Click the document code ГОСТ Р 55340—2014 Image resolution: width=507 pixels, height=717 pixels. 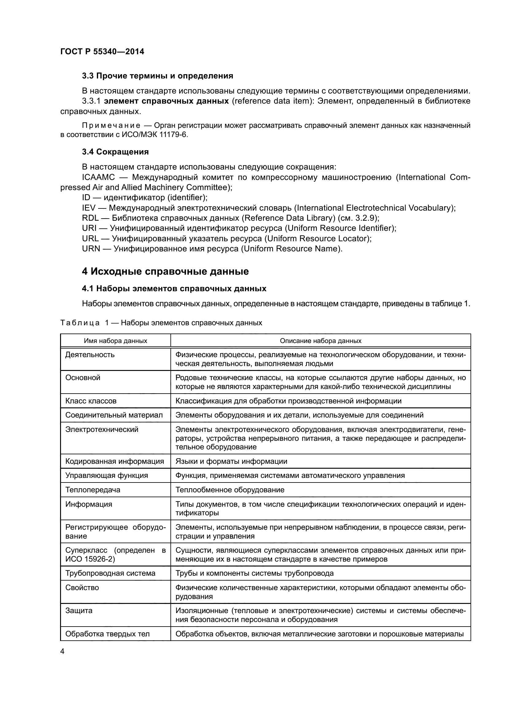coord(102,51)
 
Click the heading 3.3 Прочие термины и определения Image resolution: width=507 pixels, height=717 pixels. coord(157,76)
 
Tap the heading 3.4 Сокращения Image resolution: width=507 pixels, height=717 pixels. coord(115,152)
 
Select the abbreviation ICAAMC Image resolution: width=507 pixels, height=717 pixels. coord(98,177)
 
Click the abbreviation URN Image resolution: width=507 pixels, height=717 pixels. coord(91,249)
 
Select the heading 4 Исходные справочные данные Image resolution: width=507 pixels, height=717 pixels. coord(165,271)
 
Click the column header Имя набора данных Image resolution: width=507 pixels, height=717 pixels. coord(115,341)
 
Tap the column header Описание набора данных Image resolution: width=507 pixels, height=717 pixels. coord(320,341)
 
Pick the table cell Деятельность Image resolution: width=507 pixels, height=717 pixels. coord(90,355)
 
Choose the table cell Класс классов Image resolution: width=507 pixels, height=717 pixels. coord(91,401)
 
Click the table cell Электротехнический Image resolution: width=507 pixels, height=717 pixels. coord(102,429)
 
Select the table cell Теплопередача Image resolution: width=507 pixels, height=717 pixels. coord(93,490)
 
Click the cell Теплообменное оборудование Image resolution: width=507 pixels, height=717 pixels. coord(230,490)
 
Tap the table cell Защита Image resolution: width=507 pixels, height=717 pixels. coord(79,611)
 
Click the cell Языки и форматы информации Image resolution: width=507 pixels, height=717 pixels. coord(231,461)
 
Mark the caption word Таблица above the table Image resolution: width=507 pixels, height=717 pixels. coord(80,323)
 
